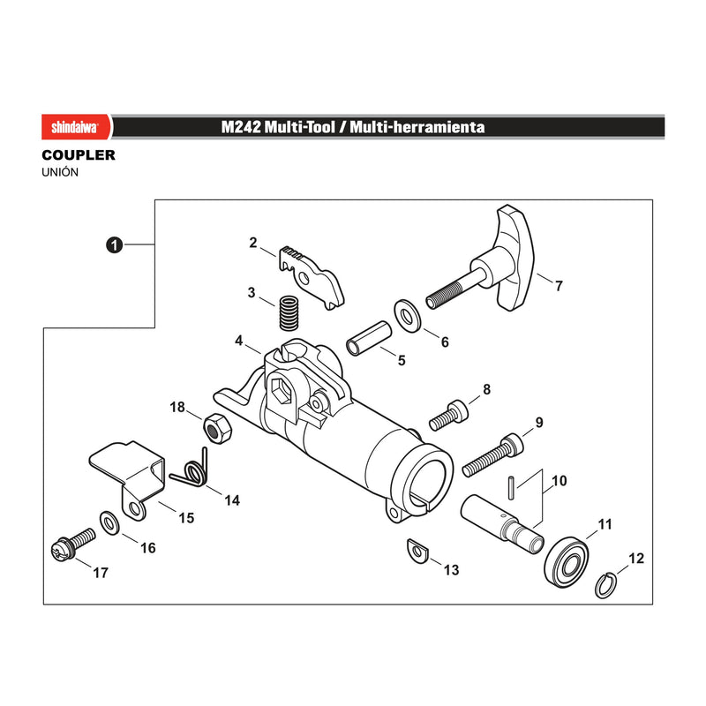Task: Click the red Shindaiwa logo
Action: pyautogui.click(x=76, y=127)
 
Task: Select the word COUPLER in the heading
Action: pyautogui.click(x=79, y=155)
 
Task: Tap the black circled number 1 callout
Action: pyautogui.click(x=115, y=245)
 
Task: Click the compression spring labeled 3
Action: pyautogui.click(x=289, y=312)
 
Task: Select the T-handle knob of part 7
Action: pyautogui.click(x=516, y=258)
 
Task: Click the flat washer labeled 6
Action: pyautogui.click(x=408, y=316)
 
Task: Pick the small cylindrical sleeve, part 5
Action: pyautogui.click(x=369, y=338)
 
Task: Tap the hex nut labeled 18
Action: pyautogui.click(x=217, y=428)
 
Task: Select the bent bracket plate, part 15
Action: pyautogui.click(x=128, y=479)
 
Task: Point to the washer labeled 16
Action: pyautogui.click(x=109, y=523)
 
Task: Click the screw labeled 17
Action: pyautogui.click(x=73, y=545)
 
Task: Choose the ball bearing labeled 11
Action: pyautogui.click(x=567, y=562)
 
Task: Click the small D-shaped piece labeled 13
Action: pyautogui.click(x=417, y=550)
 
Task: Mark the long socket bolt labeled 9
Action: pyautogui.click(x=493, y=455)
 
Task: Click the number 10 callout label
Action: pyautogui.click(x=560, y=481)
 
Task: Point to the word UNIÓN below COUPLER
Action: pyautogui.click(x=60, y=172)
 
